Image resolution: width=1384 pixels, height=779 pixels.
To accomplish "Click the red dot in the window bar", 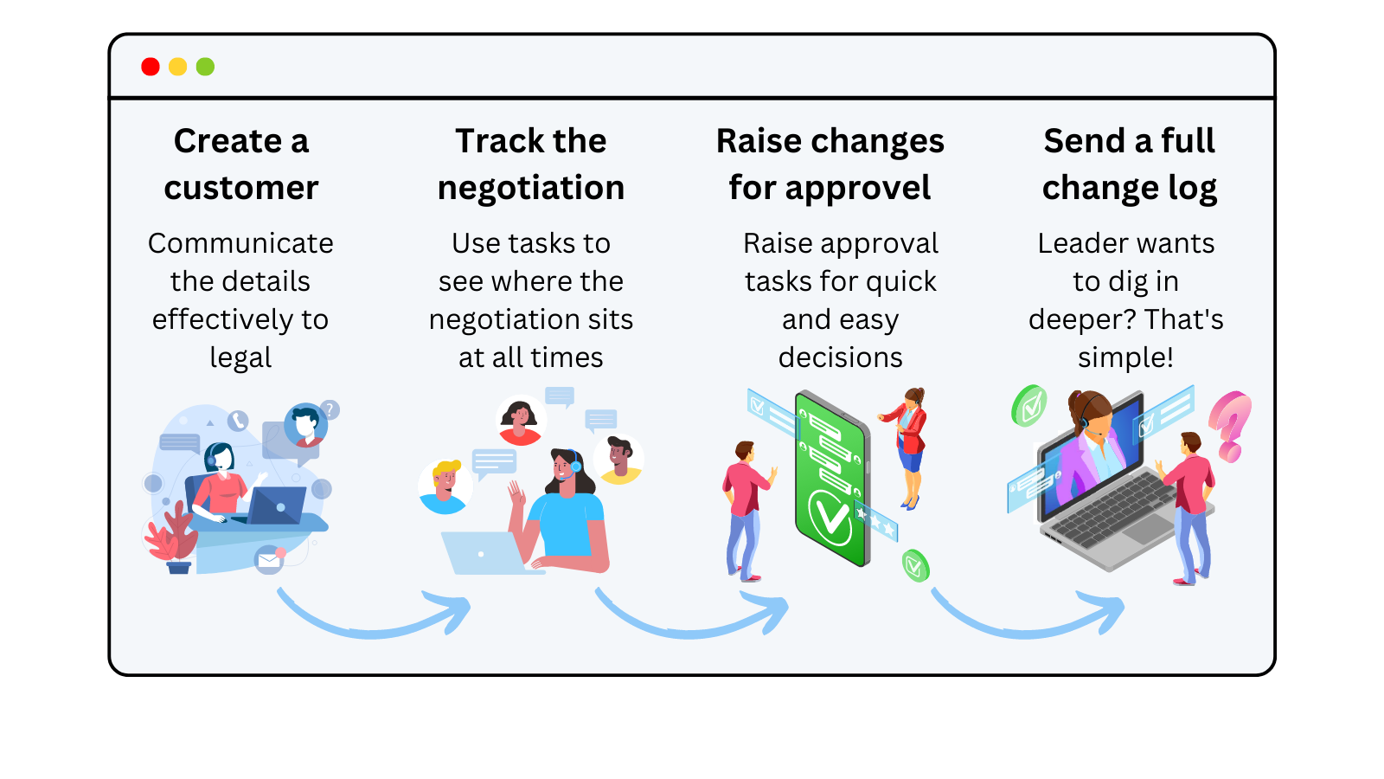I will pyautogui.click(x=151, y=67).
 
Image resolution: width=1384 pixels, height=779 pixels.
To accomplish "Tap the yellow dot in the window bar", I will pyautogui.click(x=178, y=67).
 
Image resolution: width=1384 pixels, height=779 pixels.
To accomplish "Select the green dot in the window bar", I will pyautogui.click(x=205, y=67).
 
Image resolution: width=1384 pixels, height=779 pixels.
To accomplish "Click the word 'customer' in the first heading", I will pyautogui.click(x=241, y=188).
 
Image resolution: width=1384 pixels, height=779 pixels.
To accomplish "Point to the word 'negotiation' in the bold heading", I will pyautogui.click(x=531, y=188).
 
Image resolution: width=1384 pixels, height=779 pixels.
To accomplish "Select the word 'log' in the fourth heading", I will pyautogui.click(x=1193, y=188).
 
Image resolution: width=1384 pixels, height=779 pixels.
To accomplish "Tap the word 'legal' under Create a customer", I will pyautogui.click(x=240, y=357).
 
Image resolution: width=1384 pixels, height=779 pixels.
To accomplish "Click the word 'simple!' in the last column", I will pyautogui.click(x=1125, y=357).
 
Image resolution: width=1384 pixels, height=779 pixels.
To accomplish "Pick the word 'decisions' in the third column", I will pyautogui.click(x=840, y=357).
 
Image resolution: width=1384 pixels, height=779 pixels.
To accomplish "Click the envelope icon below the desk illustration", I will pyautogui.click(x=269, y=560).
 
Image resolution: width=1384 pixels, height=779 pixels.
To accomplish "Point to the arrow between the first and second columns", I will pyautogui.click(x=374, y=617).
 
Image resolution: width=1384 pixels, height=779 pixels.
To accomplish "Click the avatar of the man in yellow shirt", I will pyautogui.click(x=618, y=460).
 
